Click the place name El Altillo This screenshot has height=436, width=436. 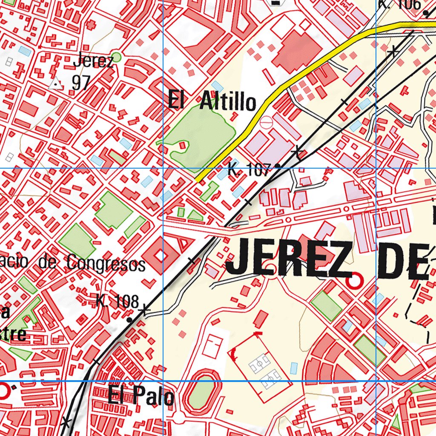[x=212, y=102]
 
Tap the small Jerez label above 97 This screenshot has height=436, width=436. [x=93, y=61]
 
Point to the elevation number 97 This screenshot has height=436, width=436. [x=80, y=83]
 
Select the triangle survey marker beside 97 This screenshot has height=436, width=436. [x=55, y=84]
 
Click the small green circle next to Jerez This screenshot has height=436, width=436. [x=116, y=57]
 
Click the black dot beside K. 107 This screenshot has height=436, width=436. [x=278, y=166]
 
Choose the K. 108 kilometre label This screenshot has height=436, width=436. [x=118, y=301]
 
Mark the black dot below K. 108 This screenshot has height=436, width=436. [x=129, y=319]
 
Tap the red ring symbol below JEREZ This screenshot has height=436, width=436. [x=354, y=281]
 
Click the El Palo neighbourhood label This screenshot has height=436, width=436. [x=141, y=396]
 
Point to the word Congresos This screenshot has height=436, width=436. [x=106, y=264]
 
